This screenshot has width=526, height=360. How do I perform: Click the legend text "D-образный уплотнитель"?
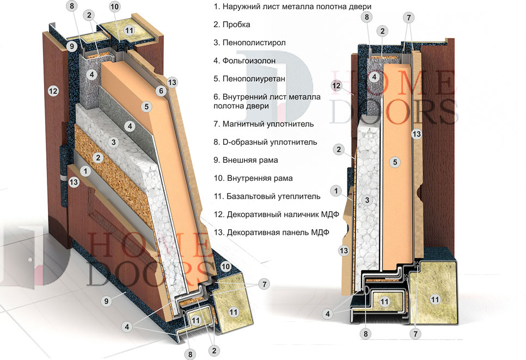266,142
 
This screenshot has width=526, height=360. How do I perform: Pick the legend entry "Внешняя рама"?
246,160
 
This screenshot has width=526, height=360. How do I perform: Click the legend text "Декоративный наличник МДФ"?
277,214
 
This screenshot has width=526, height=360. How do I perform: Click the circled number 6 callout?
161,91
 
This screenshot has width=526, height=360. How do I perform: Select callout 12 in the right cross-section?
337,86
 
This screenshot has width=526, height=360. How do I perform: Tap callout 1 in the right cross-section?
338,191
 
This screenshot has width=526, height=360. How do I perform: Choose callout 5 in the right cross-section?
396,161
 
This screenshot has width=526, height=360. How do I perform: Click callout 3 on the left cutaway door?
114,142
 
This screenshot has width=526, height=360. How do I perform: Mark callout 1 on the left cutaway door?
84,170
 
